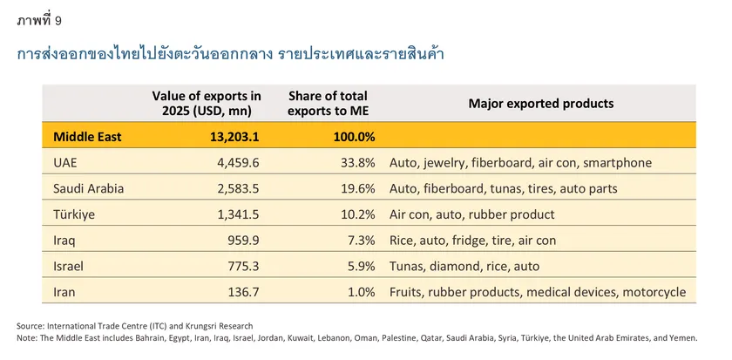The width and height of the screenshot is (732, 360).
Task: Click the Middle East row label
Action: click(87, 136)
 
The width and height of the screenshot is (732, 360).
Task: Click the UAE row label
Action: click(66, 162)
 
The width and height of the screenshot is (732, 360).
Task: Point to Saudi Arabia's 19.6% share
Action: click(357, 188)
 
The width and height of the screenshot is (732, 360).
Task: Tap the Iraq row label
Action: click(64, 241)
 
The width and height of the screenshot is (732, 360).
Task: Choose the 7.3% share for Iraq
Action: click(361, 241)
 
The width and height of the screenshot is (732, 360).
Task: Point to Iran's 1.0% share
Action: click(361, 292)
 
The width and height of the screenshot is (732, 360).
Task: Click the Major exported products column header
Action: click(540, 103)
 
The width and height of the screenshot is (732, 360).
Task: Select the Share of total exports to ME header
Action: click(328, 103)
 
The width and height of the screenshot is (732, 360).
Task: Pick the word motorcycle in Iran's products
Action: click(654, 292)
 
